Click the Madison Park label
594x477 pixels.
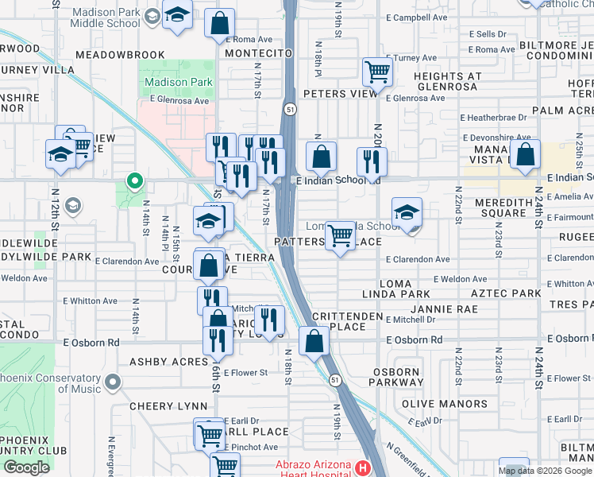[x=178, y=82]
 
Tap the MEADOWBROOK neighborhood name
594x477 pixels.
[x=120, y=55]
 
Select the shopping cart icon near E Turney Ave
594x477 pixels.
[x=378, y=72]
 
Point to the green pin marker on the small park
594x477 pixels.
[x=135, y=183]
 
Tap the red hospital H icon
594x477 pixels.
[x=363, y=466]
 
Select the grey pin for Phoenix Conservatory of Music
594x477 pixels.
[x=113, y=383]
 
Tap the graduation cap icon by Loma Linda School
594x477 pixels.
[x=407, y=213]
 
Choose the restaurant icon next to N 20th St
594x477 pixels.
[x=372, y=161]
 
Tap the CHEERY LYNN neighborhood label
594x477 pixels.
[x=168, y=405]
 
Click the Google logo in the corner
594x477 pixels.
[x=26, y=467]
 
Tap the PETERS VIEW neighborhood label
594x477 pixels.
[x=340, y=94]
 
